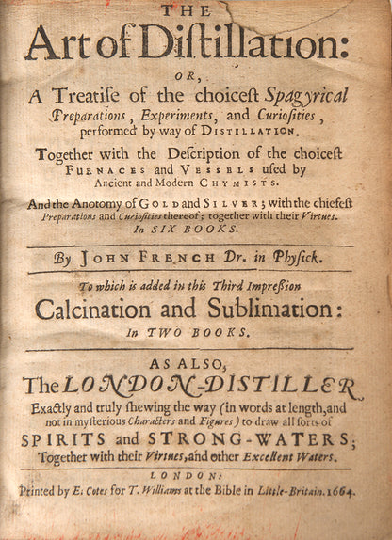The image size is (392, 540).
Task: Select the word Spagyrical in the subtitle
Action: (301, 94)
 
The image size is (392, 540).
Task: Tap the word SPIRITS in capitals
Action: (86, 440)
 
